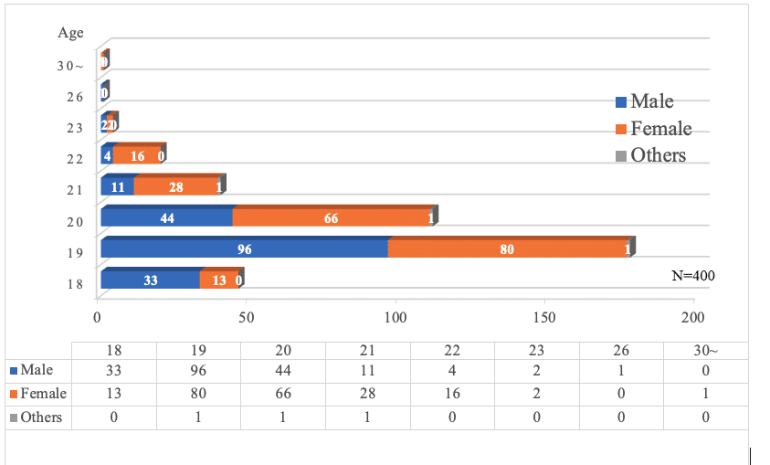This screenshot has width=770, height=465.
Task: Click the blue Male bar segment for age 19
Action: coord(244,248)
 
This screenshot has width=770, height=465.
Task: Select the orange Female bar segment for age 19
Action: coord(507,248)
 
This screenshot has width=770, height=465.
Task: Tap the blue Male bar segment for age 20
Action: coord(166,217)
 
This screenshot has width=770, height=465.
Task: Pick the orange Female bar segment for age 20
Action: coord(332,217)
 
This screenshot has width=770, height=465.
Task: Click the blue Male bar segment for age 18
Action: coord(151,280)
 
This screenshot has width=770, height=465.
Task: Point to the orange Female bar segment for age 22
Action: coord(136,155)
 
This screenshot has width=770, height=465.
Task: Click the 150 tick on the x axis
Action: coord(544,318)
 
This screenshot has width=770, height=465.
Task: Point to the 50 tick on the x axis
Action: coord(246,318)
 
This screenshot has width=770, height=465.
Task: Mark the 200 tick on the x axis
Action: coord(693,318)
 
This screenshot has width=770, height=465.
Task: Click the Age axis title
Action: coord(70,33)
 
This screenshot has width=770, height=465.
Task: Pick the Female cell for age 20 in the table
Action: coord(283,395)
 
